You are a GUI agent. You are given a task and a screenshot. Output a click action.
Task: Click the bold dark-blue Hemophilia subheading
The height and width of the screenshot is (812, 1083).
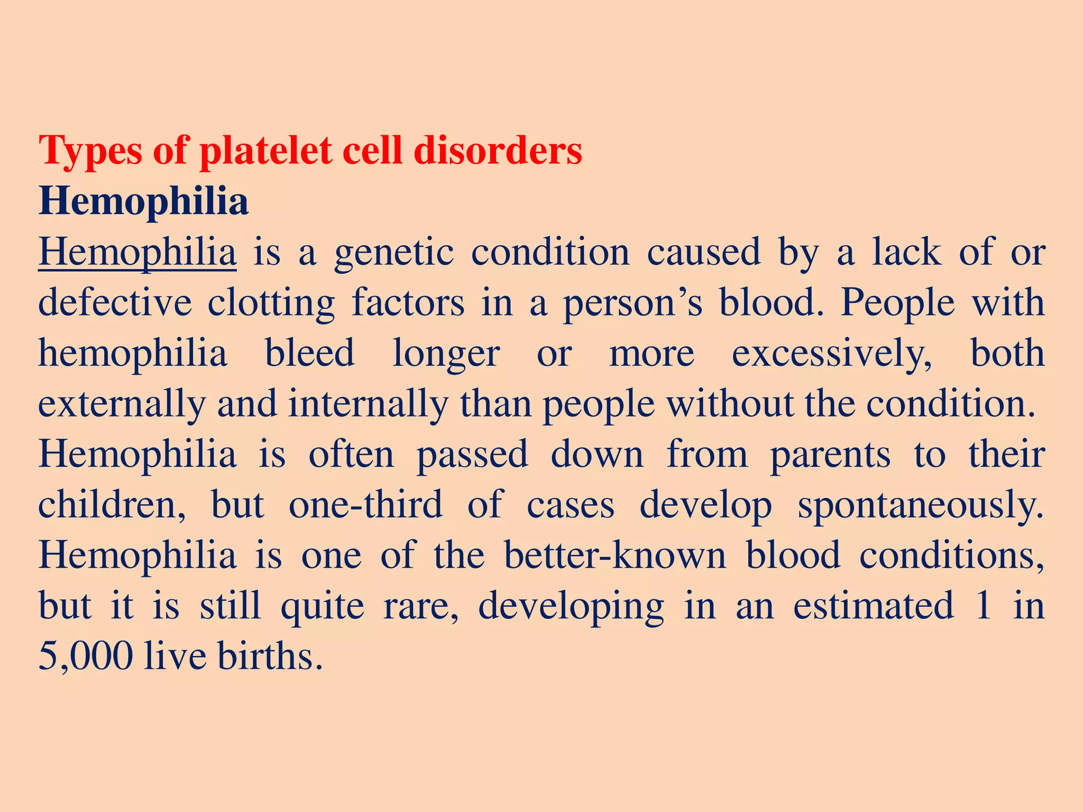[143, 201]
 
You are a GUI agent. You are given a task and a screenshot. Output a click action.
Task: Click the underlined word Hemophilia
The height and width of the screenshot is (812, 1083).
[137, 253]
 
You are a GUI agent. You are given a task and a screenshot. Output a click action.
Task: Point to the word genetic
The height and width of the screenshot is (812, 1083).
[394, 253]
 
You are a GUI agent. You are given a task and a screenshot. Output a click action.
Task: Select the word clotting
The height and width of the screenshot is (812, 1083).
[271, 303]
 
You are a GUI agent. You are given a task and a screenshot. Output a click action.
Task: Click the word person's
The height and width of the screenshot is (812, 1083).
[632, 303]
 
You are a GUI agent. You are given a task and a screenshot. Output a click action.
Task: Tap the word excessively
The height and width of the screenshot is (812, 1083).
[831, 354]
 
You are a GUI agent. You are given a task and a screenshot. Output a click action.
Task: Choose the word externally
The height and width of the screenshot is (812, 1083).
[122, 404]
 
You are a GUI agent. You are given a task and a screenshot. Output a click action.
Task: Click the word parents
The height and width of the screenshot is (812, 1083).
[830, 455]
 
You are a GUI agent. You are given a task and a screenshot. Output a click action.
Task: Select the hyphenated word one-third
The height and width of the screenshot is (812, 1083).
[365, 505]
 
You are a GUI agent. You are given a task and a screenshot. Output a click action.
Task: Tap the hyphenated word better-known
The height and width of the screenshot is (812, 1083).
[615, 556]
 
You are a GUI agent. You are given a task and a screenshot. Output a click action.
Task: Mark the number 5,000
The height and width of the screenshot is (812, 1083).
[86, 657]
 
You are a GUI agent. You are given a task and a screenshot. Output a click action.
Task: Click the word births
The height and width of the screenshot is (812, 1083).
[269, 657]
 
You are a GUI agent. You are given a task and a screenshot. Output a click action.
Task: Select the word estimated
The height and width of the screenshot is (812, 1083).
[874, 606]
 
